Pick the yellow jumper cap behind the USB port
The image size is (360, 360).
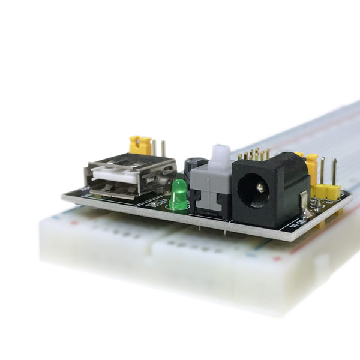pos(140,145)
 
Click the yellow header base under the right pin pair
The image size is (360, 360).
pos(328,191)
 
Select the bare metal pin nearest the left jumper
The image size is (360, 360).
pos(154,147)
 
